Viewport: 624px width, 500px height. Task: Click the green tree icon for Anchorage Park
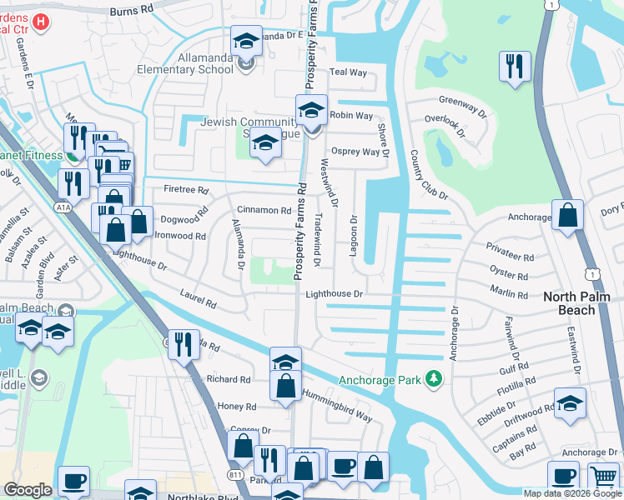pyautogui.click(x=433, y=379)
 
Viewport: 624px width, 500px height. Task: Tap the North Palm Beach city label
pyautogui.click(x=581, y=303)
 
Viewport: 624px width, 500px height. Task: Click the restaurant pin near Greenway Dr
pyautogui.click(x=512, y=66)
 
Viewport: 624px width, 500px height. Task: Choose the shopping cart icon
pyautogui.click(x=602, y=477)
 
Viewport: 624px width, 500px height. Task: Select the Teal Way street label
pyautogui.click(x=349, y=73)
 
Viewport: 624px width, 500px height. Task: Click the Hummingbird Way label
pyautogui.click(x=336, y=401)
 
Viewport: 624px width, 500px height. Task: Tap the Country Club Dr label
pyautogui.click(x=429, y=176)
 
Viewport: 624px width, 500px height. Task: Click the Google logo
pyautogui.click(x=28, y=489)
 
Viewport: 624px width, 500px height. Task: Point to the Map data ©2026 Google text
pyautogui.click(x=571, y=493)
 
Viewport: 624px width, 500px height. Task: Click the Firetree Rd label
pyautogui.click(x=162, y=190)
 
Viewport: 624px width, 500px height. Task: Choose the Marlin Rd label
pyautogui.click(x=511, y=294)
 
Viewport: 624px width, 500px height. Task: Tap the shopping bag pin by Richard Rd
pyautogui.click(x=285, y=385)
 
